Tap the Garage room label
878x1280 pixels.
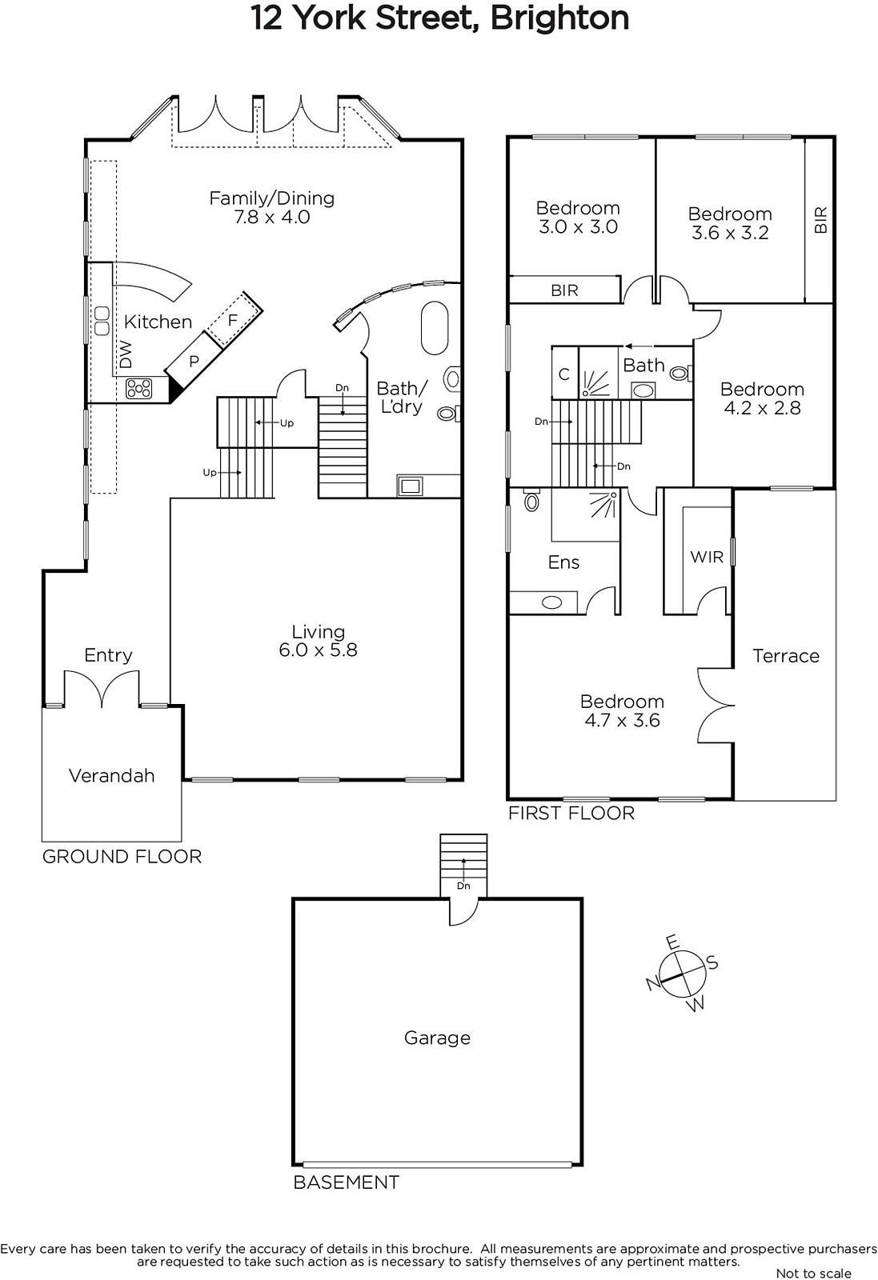437,1037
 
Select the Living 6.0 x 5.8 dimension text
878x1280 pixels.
319,650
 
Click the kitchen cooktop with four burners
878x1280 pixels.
139,389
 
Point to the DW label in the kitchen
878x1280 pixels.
126,355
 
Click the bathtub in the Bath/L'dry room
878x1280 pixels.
435,329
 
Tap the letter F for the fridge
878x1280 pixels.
232,320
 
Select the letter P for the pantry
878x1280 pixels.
194,361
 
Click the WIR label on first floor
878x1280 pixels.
707,557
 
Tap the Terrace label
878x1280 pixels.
786,655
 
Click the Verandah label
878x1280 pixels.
111,775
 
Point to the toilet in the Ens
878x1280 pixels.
531,500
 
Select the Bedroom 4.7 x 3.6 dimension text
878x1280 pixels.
622,720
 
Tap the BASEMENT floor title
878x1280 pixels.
347,1182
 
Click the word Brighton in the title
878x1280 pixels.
559,18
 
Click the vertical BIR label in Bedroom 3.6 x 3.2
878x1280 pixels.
820,220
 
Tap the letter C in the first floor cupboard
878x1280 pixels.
564,374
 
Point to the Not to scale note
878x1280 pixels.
813,1272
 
